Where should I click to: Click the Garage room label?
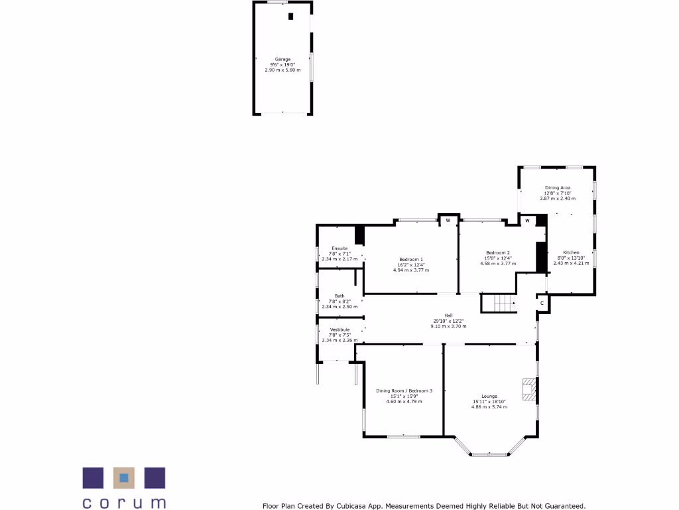(x=282, y=59)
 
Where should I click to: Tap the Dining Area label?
(x=558, y=188)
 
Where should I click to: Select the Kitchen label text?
(x=571, y=252)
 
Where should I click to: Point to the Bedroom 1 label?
(x=411, y=259)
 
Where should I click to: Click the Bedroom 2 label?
(x=498, y=252)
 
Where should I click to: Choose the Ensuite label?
(x=339, y=248)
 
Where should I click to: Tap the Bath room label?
(x=339, y=296)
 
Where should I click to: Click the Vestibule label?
(x=339, y=329)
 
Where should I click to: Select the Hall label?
(x=448, y=315)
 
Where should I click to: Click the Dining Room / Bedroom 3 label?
(x=404, y=390)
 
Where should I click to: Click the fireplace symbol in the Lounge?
(x=528, y=390)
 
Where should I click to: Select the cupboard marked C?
(x=542, y=303)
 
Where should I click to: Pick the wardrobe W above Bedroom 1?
(x=448, y=220)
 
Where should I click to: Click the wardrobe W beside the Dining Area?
(x=528, y=220)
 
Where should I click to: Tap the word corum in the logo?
(x=124, y=502)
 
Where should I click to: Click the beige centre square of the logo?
(x=124, y=477)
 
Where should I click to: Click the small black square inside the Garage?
(x=290, y=17)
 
